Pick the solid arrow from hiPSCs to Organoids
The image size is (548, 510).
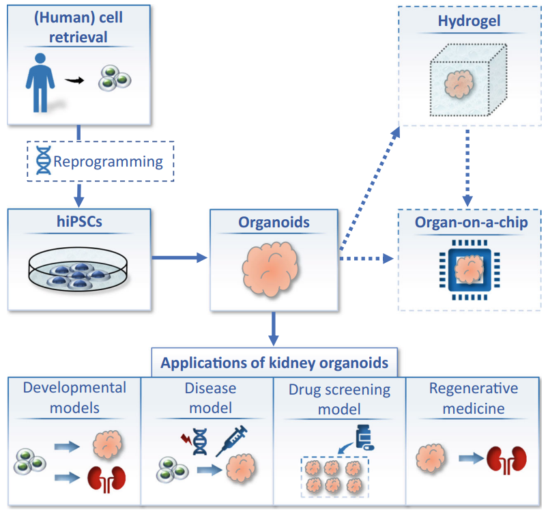tap(179, 257)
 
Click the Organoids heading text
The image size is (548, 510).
tap(273, 222)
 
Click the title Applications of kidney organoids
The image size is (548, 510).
tap(274, 362)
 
